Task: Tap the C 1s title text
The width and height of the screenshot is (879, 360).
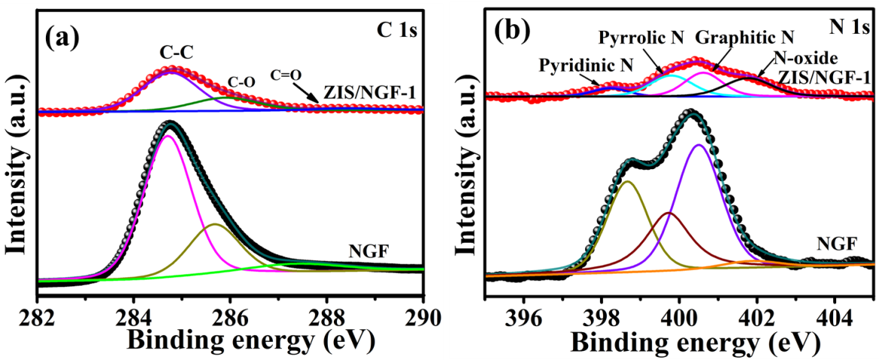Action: pyautogui.click(x=396, y=32)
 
